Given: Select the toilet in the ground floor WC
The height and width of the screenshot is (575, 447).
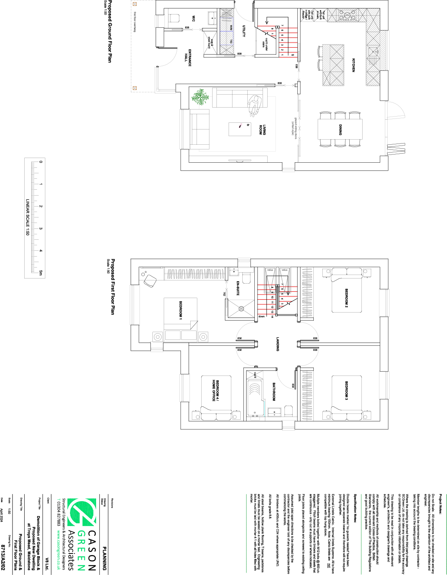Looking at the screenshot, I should (173, 18).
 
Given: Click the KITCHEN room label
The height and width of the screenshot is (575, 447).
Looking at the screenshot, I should (354, 65).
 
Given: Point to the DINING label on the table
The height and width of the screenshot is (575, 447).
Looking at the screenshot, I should (340, 130).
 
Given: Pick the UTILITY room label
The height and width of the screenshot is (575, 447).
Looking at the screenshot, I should (244, 31).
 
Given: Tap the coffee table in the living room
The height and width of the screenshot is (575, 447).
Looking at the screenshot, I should (240, 129).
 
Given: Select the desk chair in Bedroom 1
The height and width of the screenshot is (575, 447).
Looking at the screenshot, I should (150, 280).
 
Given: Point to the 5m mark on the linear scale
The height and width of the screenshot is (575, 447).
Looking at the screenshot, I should (41, 273).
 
